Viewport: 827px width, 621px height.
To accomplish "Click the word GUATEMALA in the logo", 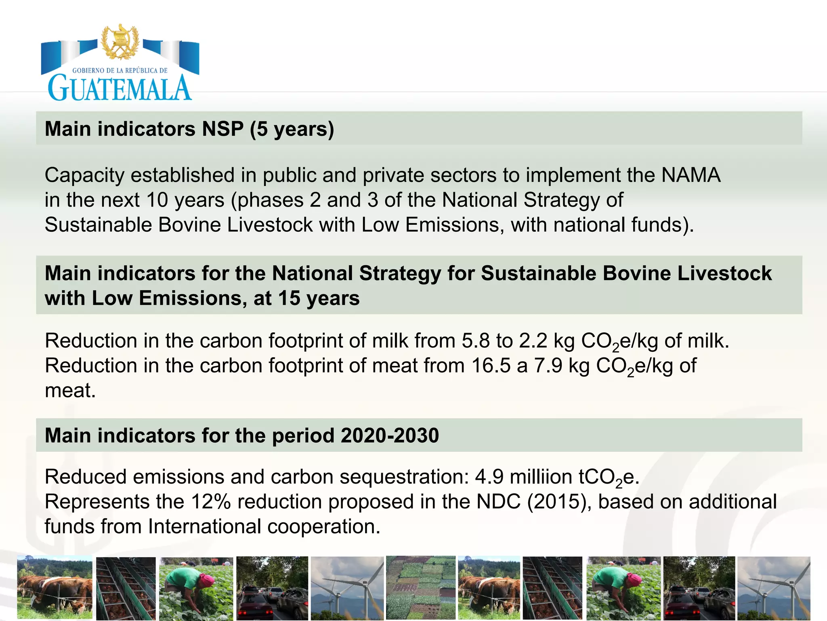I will (120, 88).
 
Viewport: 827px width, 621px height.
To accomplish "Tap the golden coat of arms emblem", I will (120, 42).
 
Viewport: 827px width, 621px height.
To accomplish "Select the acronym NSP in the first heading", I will (222, 129).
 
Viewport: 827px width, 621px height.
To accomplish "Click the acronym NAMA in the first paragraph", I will (691, 175).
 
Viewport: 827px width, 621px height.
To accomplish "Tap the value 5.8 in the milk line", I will (476, 341).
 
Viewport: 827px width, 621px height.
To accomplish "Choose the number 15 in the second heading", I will (289, 298).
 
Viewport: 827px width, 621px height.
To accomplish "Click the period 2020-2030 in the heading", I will (390, 435).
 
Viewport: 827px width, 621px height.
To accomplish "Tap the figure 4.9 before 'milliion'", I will (489, 477).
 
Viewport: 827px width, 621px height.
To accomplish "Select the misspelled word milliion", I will (541, 477).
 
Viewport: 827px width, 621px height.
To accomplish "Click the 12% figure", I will (211, 502).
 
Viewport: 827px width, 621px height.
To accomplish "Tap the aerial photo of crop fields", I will (421, 588).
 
